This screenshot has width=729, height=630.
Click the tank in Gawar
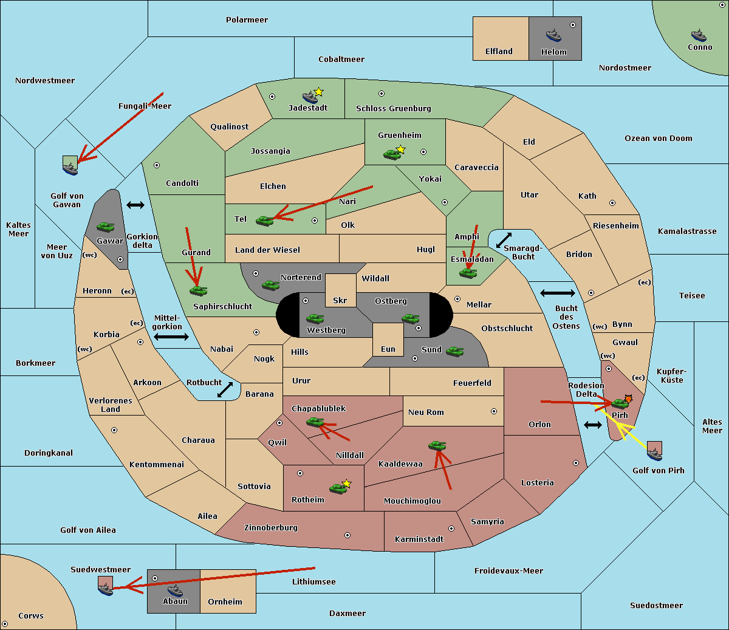106,227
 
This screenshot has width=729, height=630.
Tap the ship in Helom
553,35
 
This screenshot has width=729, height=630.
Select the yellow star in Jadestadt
318,92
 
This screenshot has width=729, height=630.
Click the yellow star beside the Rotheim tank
346,483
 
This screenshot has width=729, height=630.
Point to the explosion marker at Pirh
628,399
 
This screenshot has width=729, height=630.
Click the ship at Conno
699,36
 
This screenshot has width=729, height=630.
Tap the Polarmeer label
247,20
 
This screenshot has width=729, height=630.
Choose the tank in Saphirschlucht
198,290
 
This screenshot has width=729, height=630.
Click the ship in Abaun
175,591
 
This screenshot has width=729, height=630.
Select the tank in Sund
454,351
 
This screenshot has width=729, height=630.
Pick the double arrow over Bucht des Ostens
557,293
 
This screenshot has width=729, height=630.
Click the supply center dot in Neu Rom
494,411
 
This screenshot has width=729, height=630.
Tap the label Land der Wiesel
267,250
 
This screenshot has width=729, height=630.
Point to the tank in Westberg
315,318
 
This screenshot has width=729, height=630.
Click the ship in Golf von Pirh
655,454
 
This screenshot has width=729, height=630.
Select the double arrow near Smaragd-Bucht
504,240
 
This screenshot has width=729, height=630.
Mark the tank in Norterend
270,285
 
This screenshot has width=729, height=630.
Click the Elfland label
499,51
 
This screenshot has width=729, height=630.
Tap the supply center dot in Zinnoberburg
347,535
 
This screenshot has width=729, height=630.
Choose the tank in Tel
264,221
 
